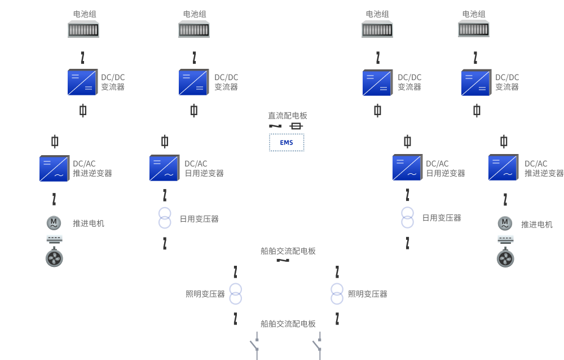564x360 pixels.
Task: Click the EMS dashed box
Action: tap(287, 143)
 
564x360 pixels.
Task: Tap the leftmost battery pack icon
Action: tap(83, 29)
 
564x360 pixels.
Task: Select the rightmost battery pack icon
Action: tap(474, 28)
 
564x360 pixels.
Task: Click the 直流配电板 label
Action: tap(288, 116)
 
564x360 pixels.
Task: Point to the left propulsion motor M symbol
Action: tap(54, 223)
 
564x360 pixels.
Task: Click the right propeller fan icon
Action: tap(505, 259)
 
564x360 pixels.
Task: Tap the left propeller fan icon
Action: tap(54, 258)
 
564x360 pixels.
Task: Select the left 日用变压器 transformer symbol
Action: tap(165, 218)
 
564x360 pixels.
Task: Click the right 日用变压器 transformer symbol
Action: tap(408, 217)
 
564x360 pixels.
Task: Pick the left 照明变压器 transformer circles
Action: tap(236, 294)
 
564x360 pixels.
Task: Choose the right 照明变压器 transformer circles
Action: tap(337, 294)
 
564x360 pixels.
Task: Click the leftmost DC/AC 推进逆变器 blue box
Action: tap(54, 168)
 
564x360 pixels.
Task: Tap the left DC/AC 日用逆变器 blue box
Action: tap(164, 168)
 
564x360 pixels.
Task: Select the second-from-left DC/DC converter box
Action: tap(194, 82)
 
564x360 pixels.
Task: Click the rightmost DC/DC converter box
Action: tap(477, 82)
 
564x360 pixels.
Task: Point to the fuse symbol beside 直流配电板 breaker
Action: tap(296, 126)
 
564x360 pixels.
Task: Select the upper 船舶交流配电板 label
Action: tap(288, 251)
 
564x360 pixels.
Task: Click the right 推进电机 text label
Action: tap(537, 225)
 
